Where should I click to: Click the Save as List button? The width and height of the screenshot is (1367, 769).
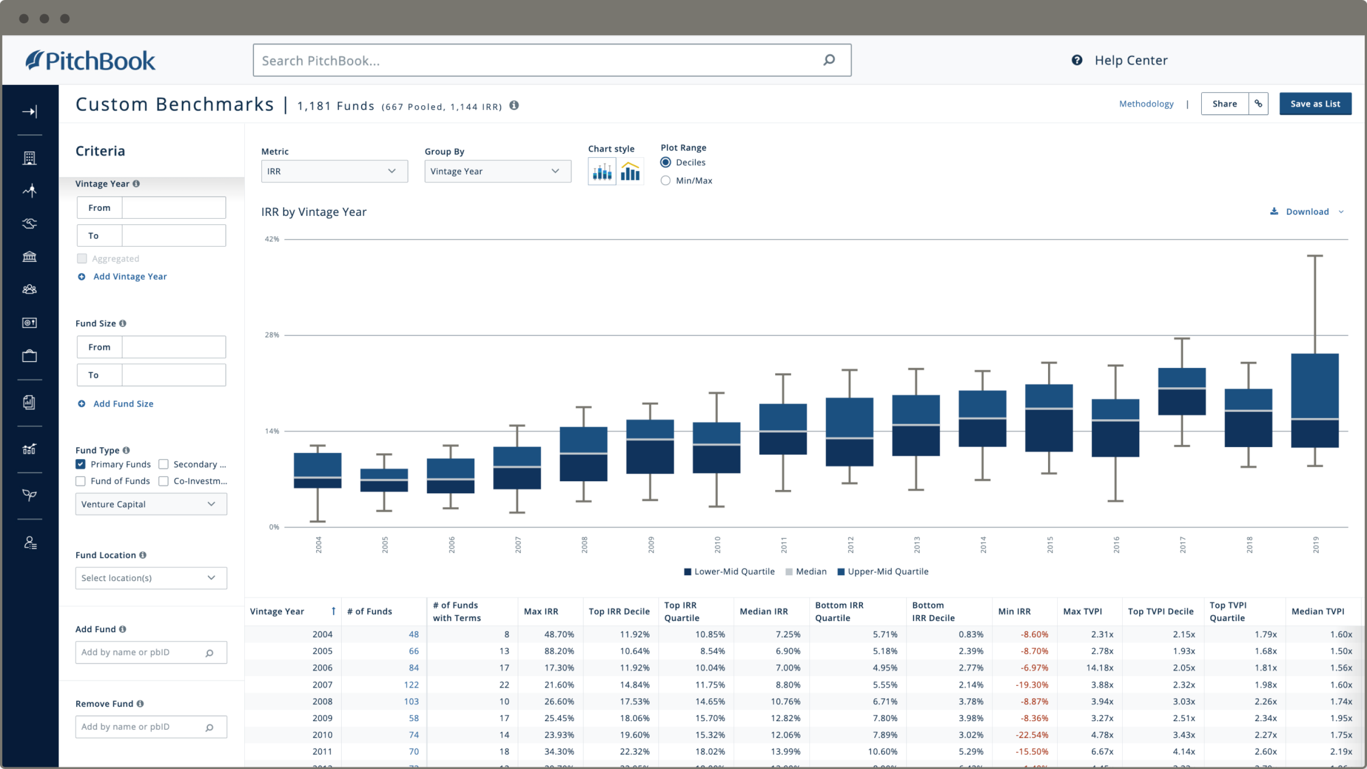pyautogui.click(x=1314, y=104)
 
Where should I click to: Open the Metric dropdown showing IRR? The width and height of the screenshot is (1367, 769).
pyautogui.click(x=334, y=171)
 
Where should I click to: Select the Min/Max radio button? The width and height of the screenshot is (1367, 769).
pyautogui.click(x=665, y=181)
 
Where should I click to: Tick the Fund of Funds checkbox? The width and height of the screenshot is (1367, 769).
pyautogui.click(x=81, y=481)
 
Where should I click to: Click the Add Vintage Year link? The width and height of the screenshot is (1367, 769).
pyautogui.click(x=130, y=276)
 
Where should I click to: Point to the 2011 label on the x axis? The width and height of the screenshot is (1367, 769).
pyautogui.click(x=783, y=544)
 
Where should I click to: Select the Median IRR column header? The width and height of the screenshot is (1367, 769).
pyautogui.click(x=763, y=611)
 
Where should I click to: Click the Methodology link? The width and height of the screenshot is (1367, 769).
pyautogui.click(x=1146, y=104)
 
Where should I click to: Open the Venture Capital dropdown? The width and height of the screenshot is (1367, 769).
pyautogui.click(x=151, y=504)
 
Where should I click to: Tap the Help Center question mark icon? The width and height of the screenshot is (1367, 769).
pyautogui.click(x=1077, y=60)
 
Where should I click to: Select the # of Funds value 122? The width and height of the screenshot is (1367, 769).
pyautogui.click(x=411, y=685)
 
